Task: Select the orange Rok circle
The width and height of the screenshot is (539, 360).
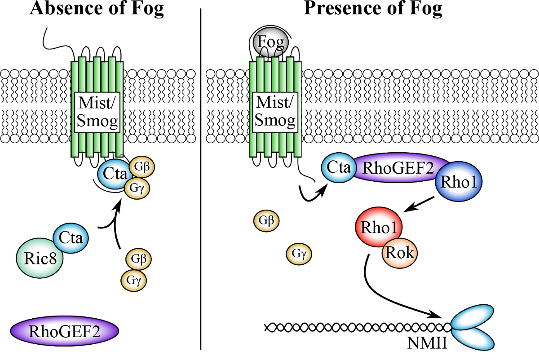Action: (399, 253)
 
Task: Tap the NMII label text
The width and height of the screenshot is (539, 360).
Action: (426, 344)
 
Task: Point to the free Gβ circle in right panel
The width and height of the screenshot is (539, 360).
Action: (266, 220)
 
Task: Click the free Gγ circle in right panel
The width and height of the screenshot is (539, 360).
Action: (299, 254)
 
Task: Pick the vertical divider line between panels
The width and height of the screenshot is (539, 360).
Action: (200, 180)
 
